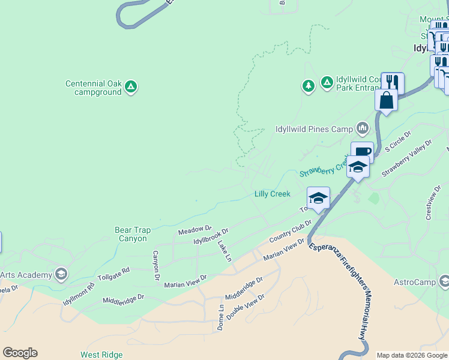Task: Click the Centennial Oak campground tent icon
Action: tap(131, 88)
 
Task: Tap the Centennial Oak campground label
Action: tap(94, 88)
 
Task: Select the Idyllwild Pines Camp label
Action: tap(306, 128)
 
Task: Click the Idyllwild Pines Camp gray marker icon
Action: tap(362, 128)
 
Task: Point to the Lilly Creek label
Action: tap(273, 194)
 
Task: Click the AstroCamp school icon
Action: tap(444, 281)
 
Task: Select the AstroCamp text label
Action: tap(413, 282)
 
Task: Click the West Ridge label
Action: tap(101, 355)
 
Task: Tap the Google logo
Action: tap(20, 353)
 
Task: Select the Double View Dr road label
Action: tap(246, 308)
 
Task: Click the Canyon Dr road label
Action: tap(155, 265)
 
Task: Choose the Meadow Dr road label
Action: tap(194, 230)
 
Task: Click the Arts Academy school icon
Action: tap(60, 275)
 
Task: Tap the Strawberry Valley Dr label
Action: tap(407, 158)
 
